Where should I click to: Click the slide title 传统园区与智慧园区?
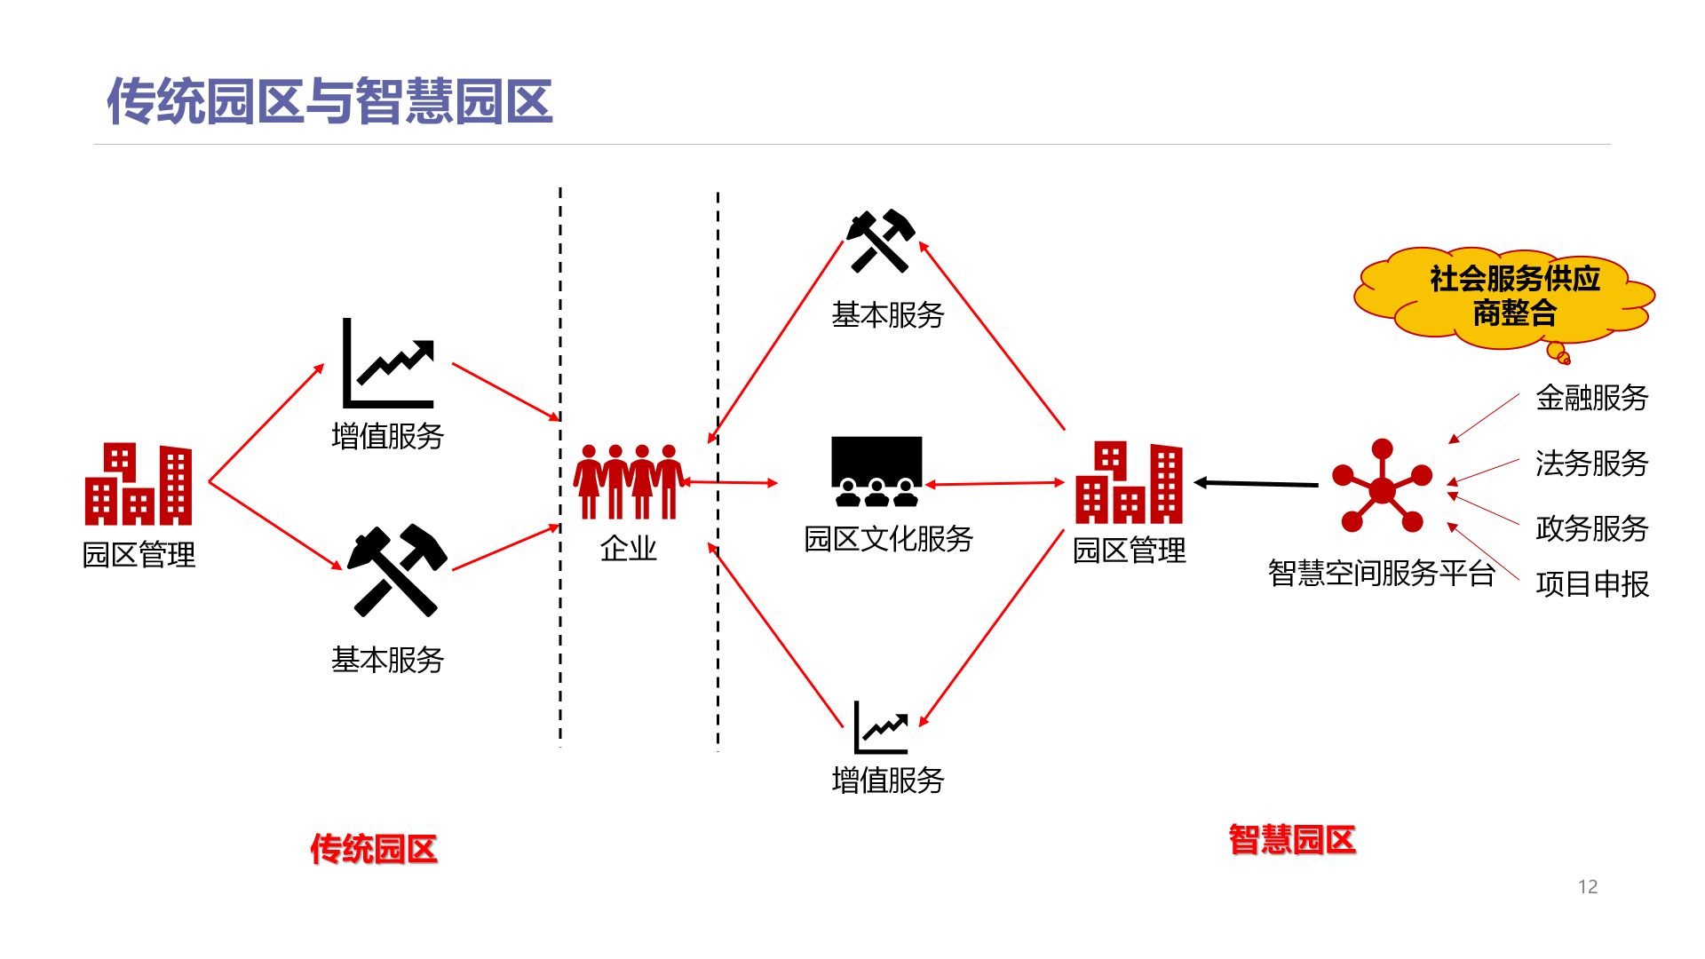point(329,100)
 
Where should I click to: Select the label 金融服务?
point(1591,397)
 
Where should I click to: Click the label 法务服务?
point(1591,463)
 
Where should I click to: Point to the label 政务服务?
point(1591,528)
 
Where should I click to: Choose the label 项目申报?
point(1591,584)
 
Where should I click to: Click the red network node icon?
point(1382,487)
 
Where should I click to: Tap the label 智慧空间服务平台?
point(1381,573)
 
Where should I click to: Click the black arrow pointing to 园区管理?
point(1256,484)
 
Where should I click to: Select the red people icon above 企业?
point(629,482)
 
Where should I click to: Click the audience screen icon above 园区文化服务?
point(876,472)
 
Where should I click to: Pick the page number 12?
point(1587,886)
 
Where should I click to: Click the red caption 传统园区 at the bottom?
point(373,849)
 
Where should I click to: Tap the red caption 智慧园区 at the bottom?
point(1292,840)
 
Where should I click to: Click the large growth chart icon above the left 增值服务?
point(389,363)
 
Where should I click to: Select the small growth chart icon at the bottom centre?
point(881,727)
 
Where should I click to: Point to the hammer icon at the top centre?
point(880,241)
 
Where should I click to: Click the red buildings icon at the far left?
point(139,485)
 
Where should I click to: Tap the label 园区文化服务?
point(888,539)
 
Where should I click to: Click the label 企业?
point(629,549)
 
